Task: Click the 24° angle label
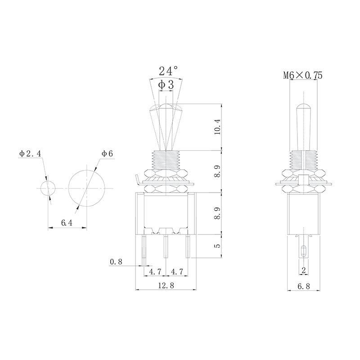[x=168, y=71]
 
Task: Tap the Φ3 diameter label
[x=166, y=84]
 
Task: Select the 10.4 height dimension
[x=217, y=127]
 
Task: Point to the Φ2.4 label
[x=30, y=154]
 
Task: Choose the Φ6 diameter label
[x=107, y=154]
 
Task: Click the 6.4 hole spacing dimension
[x=67, y=223]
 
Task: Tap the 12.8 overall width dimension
[x=166, y=285]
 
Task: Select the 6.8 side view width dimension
[x=304, y=285]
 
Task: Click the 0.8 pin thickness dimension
[x=116, y=261]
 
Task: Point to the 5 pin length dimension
[x=217, y=246]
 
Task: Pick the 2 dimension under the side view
[x=304, y=270]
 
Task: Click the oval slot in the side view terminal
[x=304, y=251]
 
